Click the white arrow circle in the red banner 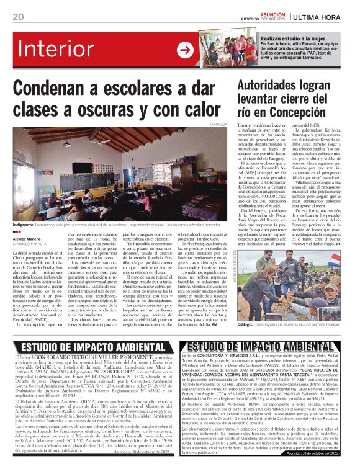(184, 50)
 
